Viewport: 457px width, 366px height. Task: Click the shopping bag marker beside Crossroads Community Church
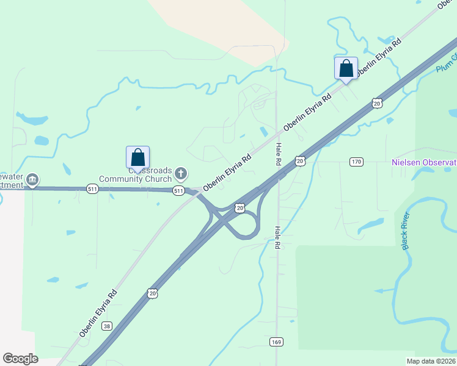pyautogui.click(x=138, y=157)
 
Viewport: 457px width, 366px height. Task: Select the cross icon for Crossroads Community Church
pyautogui.click(x=180, y=174)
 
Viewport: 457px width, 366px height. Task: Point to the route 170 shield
pyautogui.click(x=357, y=162)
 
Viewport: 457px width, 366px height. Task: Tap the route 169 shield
pyautogui.click(x=276, y=342)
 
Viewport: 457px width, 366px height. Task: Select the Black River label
pyautogui.click(x=405, y=231)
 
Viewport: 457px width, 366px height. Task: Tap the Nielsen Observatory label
pyautogui.click(x=424, y=162)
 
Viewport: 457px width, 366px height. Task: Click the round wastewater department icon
pyautogui.click(x=33, y=179)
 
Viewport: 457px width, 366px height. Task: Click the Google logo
pyautogui.click(x=20, y=359)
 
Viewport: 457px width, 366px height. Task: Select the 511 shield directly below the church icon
pyautogui.click(x=178, y=191)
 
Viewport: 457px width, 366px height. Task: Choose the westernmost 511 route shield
pyautogui.click(x=92, y=188)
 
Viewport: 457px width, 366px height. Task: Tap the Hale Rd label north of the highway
pyautogui.click(x=277, y=155)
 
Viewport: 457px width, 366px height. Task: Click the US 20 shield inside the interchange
pyautogui.click(x=241, y=209)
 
